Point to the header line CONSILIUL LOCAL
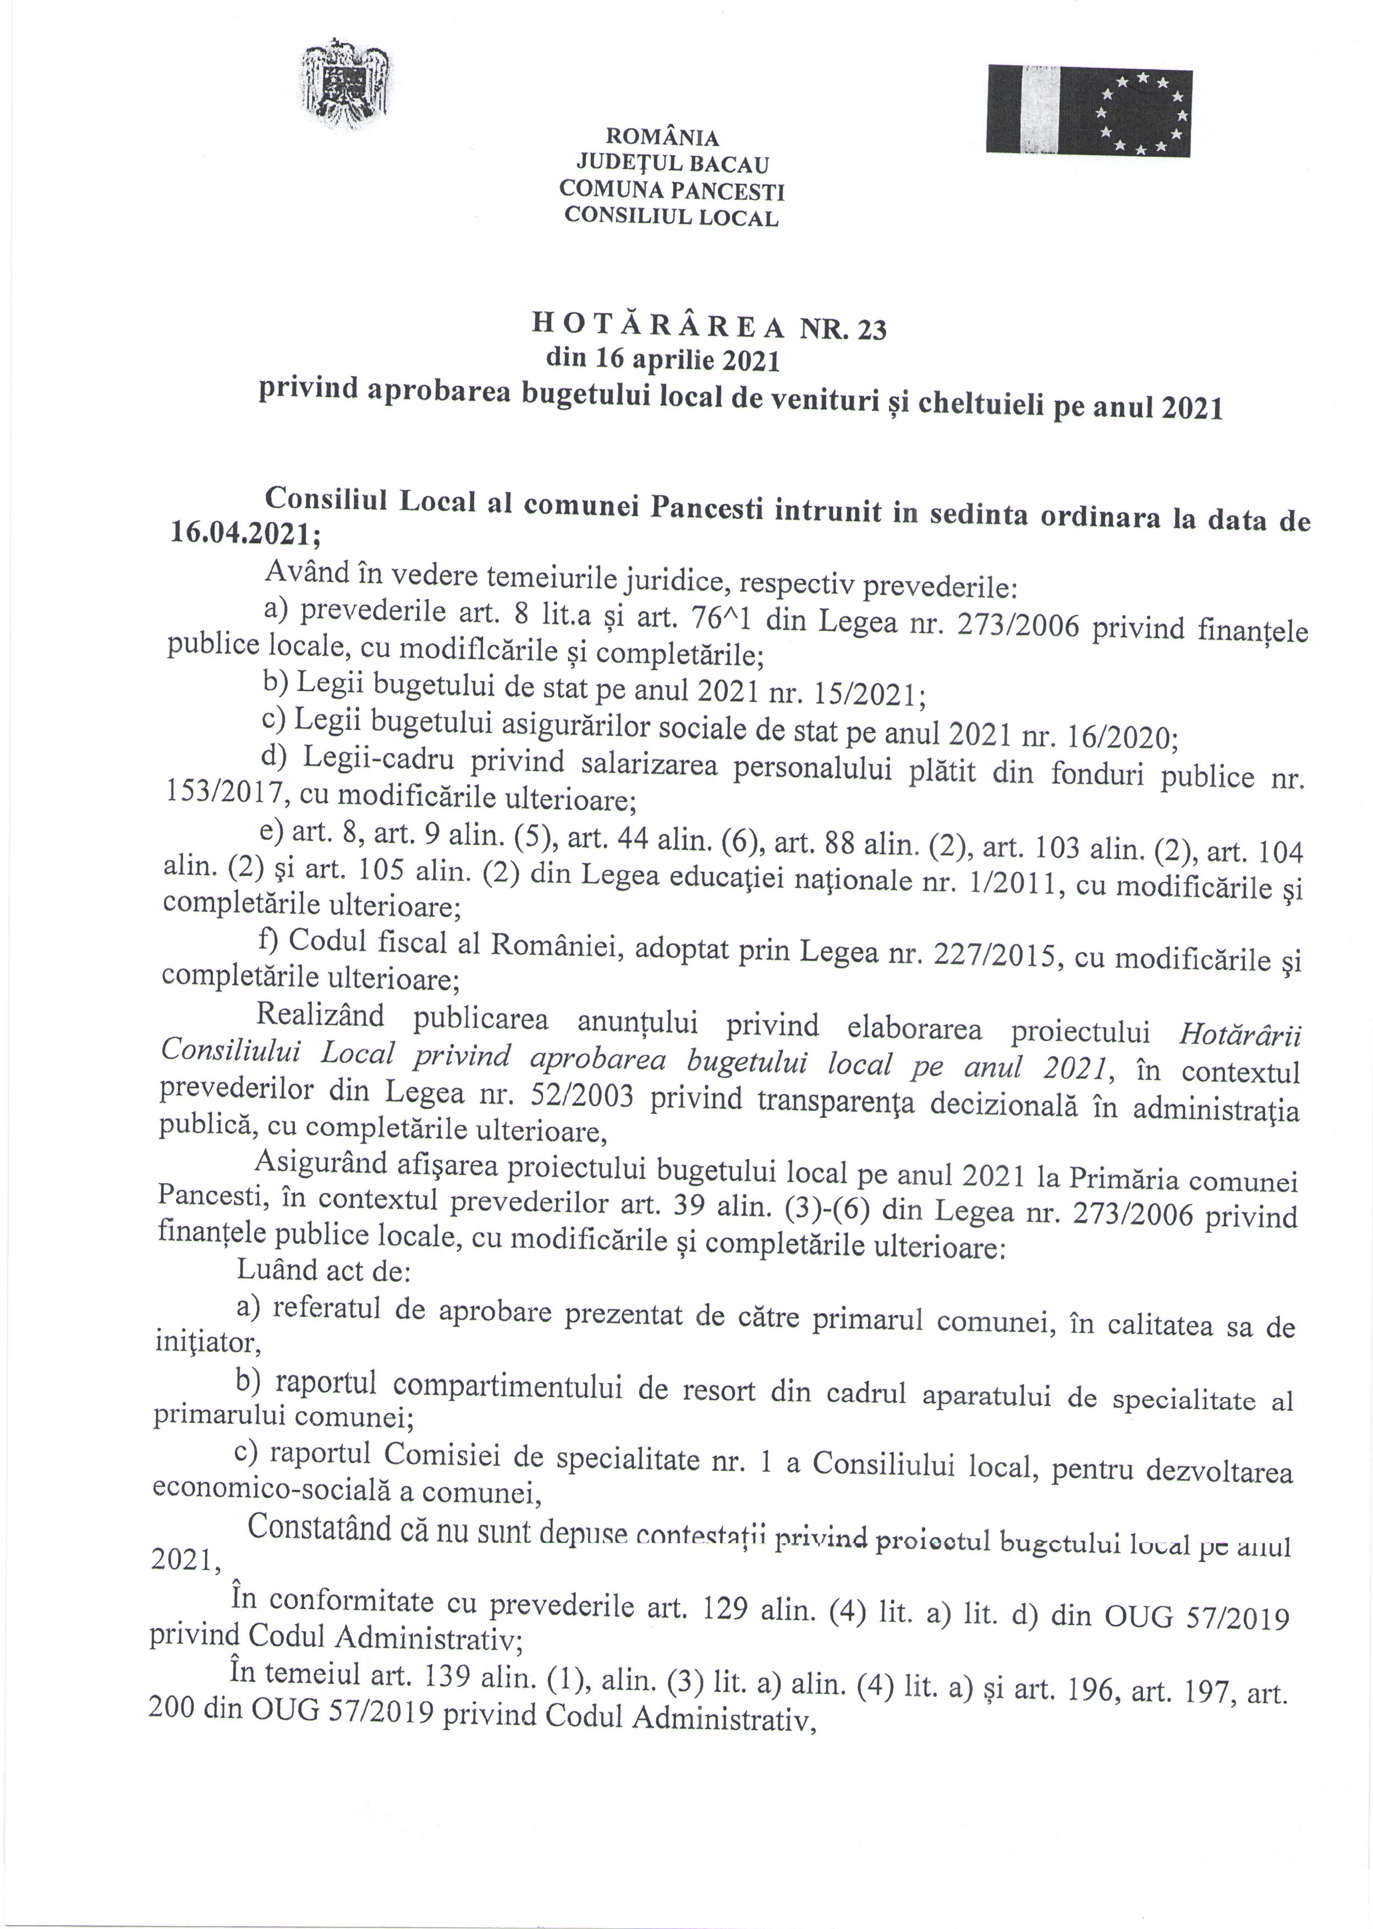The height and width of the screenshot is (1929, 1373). click(671, 216)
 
